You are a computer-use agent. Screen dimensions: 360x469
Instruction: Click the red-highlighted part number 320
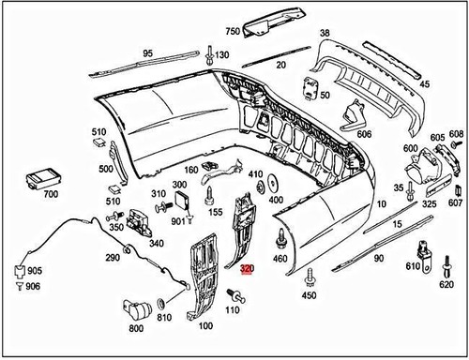(247, 268)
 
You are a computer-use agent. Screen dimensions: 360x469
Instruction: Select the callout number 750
(232, 30)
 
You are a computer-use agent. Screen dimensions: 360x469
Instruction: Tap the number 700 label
(50, 194)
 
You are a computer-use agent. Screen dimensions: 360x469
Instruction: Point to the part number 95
(148, 52)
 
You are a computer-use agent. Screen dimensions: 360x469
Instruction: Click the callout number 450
(309, 295)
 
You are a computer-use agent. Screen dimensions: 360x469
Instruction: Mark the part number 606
(363, 135)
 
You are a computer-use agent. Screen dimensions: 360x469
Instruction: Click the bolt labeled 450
(309, 277)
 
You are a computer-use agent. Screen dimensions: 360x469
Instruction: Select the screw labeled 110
(234, 296)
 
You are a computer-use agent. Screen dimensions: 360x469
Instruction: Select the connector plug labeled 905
(18, 271)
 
